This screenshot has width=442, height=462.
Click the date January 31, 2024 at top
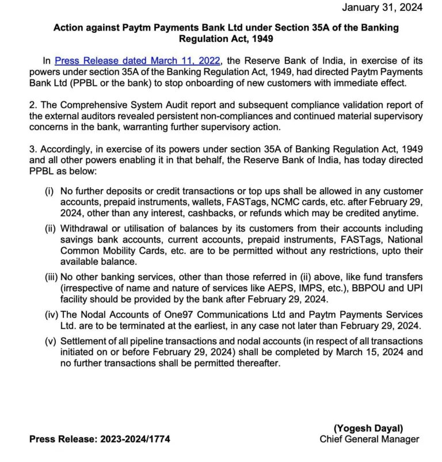click(383, 7)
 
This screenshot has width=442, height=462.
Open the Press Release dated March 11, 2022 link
click(138, 60)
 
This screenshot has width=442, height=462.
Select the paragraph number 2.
click(32, 104)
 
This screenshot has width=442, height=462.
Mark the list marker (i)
click(49, 191)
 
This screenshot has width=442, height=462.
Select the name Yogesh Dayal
click(376, 428)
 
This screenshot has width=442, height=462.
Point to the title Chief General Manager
click(369, 439)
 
